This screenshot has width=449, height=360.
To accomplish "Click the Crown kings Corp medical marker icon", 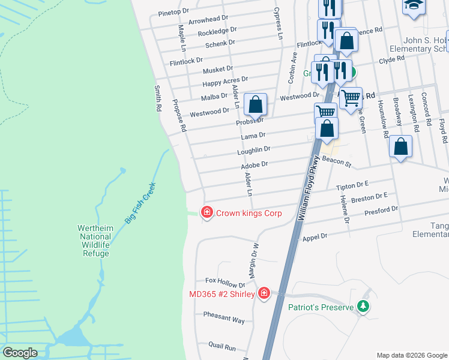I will click(206, 212).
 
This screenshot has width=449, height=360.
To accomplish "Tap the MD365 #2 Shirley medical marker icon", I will click(264, 293).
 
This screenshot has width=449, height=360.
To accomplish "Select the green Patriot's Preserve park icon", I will click(363, 307).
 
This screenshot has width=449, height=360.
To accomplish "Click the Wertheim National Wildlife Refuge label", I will click(96, 241).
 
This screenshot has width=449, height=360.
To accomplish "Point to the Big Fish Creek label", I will click(140, 203).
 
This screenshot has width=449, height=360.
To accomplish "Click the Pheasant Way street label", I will click(224, 317).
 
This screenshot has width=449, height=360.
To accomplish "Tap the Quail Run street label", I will click(222, 347).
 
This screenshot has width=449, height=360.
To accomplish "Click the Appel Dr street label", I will click(315, 237).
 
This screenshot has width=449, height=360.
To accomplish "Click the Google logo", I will click(20, 353).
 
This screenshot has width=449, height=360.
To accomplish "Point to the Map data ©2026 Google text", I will click(411, 355).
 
